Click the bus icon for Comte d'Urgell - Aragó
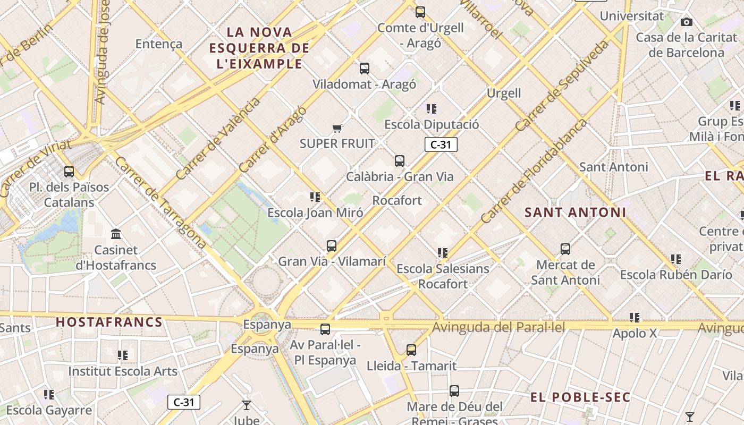coord(420,12)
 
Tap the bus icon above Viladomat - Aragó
coord(365,68)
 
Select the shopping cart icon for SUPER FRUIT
coord(337,128)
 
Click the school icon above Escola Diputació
coord(432,109)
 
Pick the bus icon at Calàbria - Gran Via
coord(400,161)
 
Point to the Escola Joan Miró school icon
coord(315,198)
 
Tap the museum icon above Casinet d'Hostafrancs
coord(116,234)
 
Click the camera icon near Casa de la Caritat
coord(687,22)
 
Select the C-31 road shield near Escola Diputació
coord(441,144)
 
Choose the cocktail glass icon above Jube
coord(247,405)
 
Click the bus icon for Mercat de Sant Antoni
coord(565,249)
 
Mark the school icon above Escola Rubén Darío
coord(676,259)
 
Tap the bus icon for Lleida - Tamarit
coord(411,350)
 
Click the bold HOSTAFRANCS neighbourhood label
coord(109,322)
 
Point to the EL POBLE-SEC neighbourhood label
coord(580,397)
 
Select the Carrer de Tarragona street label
coord(160,202)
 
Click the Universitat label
coord(632,16)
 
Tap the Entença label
coord(159,44)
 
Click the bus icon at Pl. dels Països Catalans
coord(69,172)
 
